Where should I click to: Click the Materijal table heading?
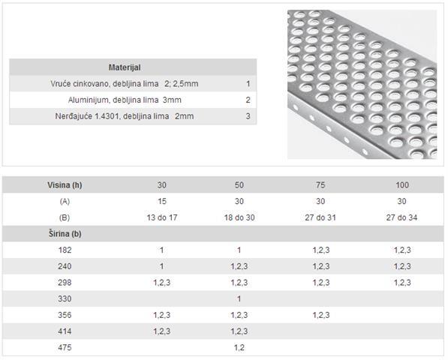coord(125,67)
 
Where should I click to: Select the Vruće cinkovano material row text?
coord(125,84)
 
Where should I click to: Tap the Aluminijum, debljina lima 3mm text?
coord(125,100)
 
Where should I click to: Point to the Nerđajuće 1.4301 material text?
coord(125,116)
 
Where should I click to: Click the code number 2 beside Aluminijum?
coord(248,100)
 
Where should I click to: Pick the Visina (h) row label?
coord(65,185)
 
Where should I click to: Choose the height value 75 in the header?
coord(320,185)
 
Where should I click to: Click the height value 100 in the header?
coord(401,185)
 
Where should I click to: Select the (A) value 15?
coord(161,201)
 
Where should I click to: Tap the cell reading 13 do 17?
coord(161,217)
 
